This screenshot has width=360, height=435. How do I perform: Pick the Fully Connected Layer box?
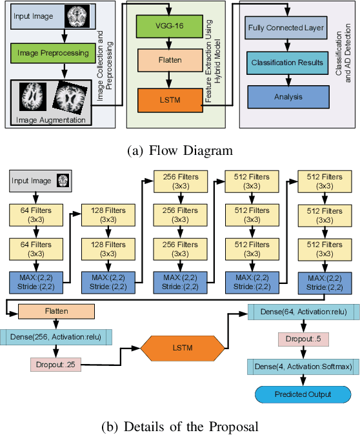tap(285, 28)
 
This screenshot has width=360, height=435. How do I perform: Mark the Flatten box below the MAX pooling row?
tap(56, 312)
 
